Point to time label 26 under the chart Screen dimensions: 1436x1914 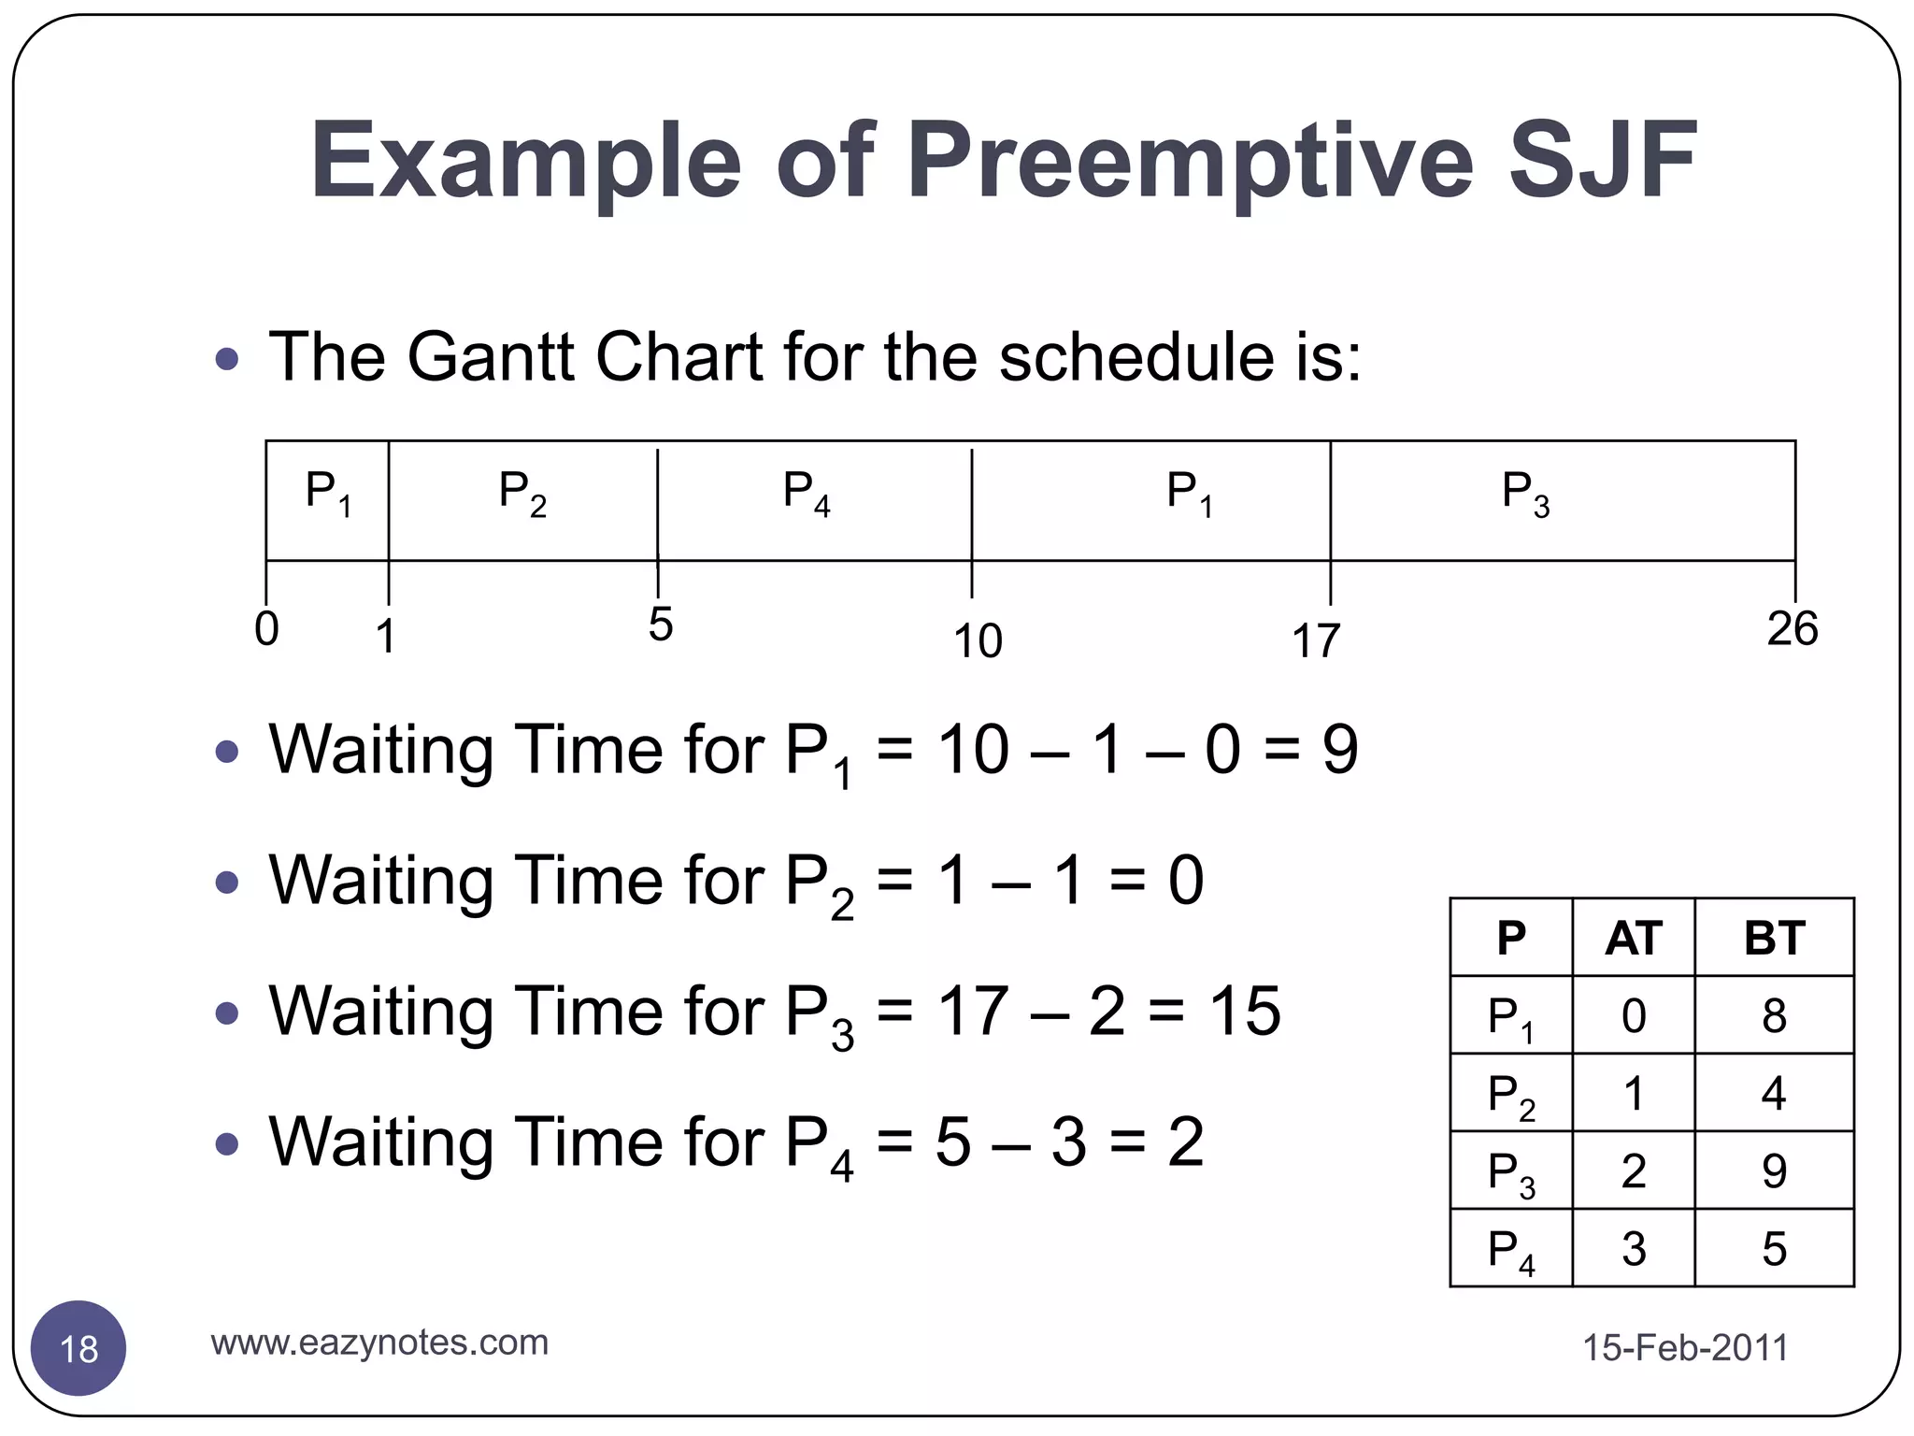click(x=1792, y=629)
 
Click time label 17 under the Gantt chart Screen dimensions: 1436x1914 click(x=1315, y=642)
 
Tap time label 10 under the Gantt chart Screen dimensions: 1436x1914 click(x=978, y=642)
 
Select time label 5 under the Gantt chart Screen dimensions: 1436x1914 click(x=660, y=625)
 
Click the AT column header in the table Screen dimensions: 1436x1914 click(x=1634, y=938)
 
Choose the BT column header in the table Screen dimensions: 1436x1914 click(x=1774, y=938)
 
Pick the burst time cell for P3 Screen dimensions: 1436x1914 click(x=1774, y=1170)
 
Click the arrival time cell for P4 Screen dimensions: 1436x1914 click(x=1634, y=1248)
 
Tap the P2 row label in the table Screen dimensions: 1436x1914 click(x=1511, y=1094)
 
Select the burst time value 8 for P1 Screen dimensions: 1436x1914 click(x=1774, y=1015)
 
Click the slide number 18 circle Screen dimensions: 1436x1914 click(x=79, y=1348)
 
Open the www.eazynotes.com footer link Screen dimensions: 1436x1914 click(x=379, y=1343)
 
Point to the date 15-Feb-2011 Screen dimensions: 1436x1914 click(x=1684, y=1348)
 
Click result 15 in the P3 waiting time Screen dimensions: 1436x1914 click(x=1244, y=1012)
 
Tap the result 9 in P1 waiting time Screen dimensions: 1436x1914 click(x=1339, y=750)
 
